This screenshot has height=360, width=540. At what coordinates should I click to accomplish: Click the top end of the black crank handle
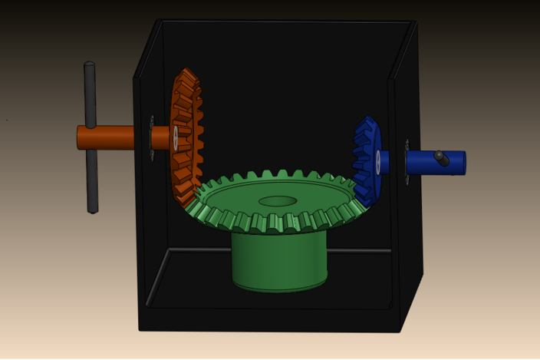pyautogui.click(x=89, y=67)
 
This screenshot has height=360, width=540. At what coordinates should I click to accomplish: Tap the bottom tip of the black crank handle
pyautogui.click(x=93, y=209)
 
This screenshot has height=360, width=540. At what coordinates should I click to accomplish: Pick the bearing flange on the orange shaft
pyautogui.click(x=152, y=138)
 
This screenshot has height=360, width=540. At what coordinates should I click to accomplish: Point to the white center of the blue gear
pyautogui.click(x=378, y=160)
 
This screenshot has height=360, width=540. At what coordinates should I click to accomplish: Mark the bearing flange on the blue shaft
pyautogui.click(x=407, y=161)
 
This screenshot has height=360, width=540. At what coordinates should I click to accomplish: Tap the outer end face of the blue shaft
pyautogui.click(x=463, y=163)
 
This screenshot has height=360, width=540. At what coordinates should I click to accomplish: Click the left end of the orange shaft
pyautogui.click(x=79, y=137)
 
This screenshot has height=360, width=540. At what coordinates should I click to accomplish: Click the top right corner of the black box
pyautogui.click(x=417, y=22)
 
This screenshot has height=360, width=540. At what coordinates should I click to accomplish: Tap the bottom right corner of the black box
pyautogui.click(x=400, y=331)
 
